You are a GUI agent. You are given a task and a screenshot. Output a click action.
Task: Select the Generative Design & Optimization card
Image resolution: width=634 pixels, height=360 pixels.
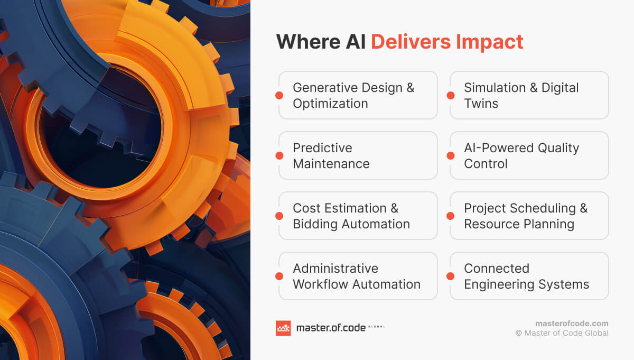(x=358, y=95)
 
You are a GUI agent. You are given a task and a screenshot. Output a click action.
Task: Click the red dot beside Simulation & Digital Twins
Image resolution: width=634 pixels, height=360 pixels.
(x=450, y=96)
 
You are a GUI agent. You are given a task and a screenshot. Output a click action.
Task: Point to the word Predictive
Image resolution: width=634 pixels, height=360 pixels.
(x=322, y=148)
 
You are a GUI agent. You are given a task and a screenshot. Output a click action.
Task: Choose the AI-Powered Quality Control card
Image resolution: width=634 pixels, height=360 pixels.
(x=529, y=155)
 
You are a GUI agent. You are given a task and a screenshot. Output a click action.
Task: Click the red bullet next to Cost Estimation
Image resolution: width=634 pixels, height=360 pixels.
(x=279, y=216)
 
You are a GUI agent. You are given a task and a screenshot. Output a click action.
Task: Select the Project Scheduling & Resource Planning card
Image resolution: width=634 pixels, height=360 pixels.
(x=529, y=216)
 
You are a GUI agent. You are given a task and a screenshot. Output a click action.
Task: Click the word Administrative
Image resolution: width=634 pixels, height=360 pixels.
(x=335, y=268)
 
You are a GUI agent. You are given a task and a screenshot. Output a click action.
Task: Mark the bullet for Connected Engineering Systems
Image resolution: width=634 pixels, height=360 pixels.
(x=450, y=276)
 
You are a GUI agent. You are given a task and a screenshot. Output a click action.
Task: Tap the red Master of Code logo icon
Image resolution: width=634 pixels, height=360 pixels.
(x=283, y=328)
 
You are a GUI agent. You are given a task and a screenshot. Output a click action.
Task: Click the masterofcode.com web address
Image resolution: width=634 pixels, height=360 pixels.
(x=572, y=324)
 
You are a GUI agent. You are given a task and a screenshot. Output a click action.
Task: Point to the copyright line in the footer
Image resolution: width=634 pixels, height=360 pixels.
(x=562, y=333)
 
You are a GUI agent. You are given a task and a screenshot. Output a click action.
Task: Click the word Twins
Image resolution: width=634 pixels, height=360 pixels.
(x=481, y=104)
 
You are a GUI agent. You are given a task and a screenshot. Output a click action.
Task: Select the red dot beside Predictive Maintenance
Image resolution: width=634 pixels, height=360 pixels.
(x=279, y=155)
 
